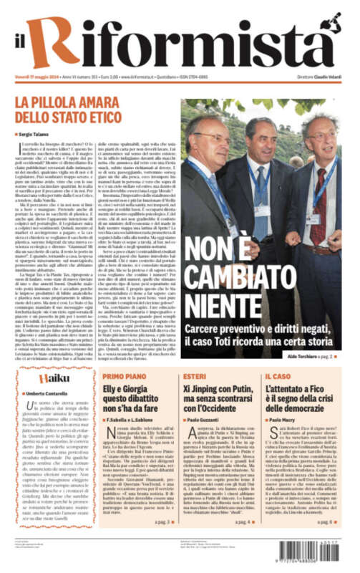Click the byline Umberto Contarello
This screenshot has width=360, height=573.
point(44,394)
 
